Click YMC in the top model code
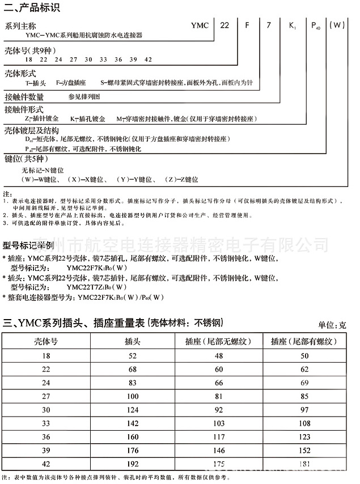pyautogui.click(x=200, y=26)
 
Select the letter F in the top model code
pyautogui.click(x=247, y=26)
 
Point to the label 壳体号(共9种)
pyautogui.click(x=27, y=51)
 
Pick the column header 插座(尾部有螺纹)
pyautogui.click(x=304, y=341)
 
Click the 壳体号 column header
pyautogui.click(x=46, y=341)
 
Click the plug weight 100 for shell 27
pyautogui.click(x=133, y=396)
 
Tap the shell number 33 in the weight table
pyautogui.click(x=46, y=423)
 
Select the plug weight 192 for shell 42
pyautogui.click(x=133, y=464)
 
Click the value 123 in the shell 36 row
pyautogui.click(x=304, y=437)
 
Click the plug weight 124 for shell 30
pyautogui.click(x=133, y=410)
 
